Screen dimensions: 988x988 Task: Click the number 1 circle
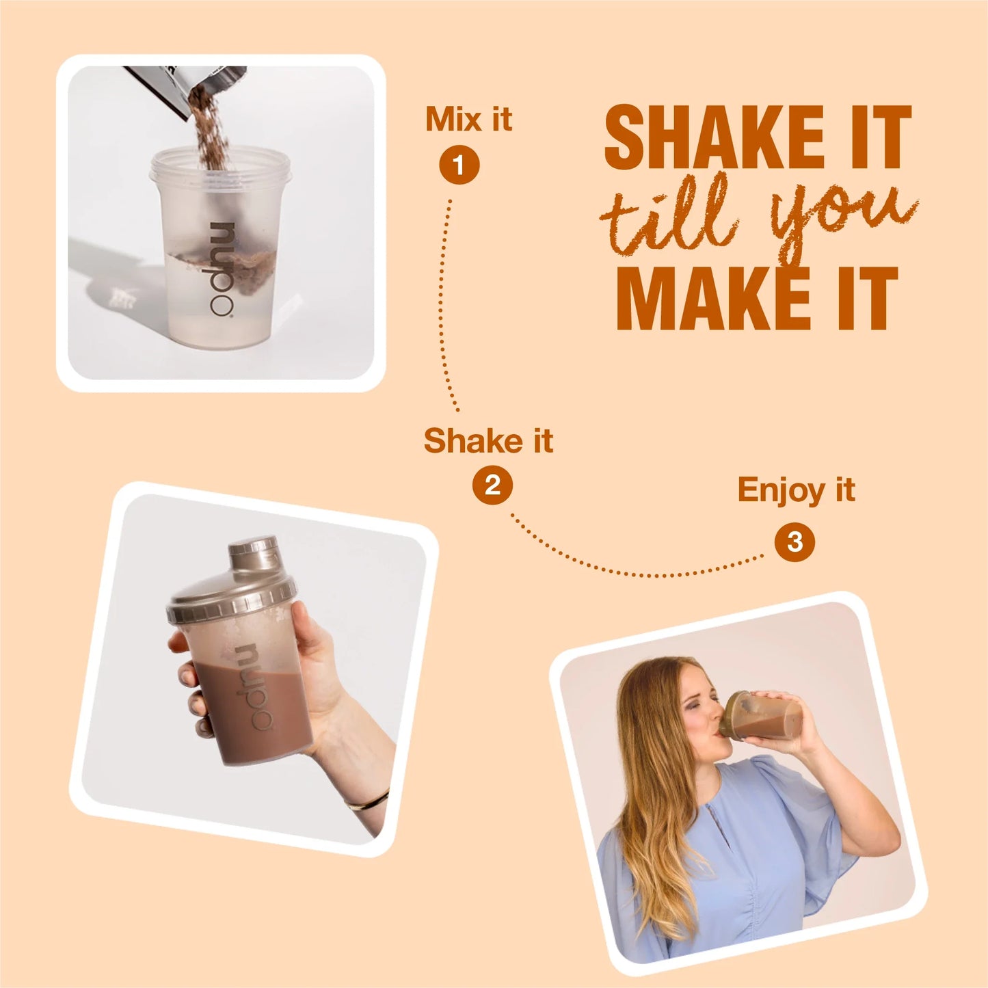tap(459, 165)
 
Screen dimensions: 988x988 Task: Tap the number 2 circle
tap(492, 485)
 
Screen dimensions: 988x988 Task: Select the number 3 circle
tap(795, 542)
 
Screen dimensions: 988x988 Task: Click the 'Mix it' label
tap(468, 120)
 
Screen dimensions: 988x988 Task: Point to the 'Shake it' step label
tap(488, 440)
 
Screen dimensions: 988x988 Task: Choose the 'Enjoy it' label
tap(796, 490)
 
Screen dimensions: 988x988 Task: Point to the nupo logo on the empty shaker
tap(222, 269)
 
